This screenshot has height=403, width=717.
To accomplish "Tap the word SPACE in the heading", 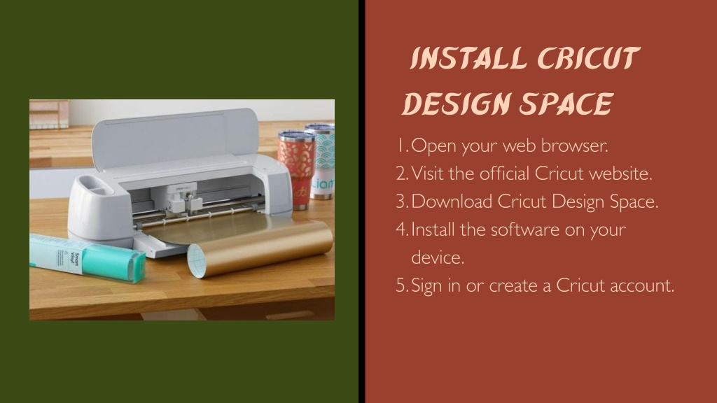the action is (566, 104).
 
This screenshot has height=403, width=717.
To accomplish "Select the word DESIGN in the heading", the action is (457, 104).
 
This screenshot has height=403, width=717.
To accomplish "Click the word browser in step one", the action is (575, 146).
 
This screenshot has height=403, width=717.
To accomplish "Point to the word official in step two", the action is (504, 174).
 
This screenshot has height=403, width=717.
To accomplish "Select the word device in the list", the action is (438, 257).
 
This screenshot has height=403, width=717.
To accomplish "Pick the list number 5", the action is (401, 285).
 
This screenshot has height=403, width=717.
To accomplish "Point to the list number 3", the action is (401, 201).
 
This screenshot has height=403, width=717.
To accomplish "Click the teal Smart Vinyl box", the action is (88, 257).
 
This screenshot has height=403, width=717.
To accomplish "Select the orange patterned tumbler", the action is (297, 169).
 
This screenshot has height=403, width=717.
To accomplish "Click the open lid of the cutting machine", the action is (174, 137).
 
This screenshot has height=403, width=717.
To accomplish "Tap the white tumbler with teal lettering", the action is (322, 161).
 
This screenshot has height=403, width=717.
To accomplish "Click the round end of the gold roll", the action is (198, 260).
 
